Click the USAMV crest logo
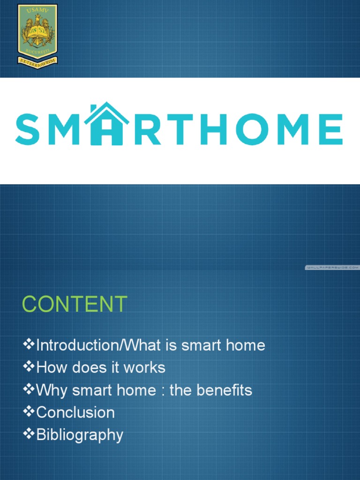coord(37,34)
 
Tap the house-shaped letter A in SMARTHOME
coord(110,125)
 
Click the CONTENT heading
coord(75,305)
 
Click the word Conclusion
coord(75,412)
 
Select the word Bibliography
coord(80,435)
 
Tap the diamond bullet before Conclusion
coord(29,412)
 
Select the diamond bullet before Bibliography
coord(29,434)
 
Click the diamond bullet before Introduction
coord(29,345)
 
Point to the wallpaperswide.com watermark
coord(331,268)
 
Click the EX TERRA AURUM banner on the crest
coord(37,60)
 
